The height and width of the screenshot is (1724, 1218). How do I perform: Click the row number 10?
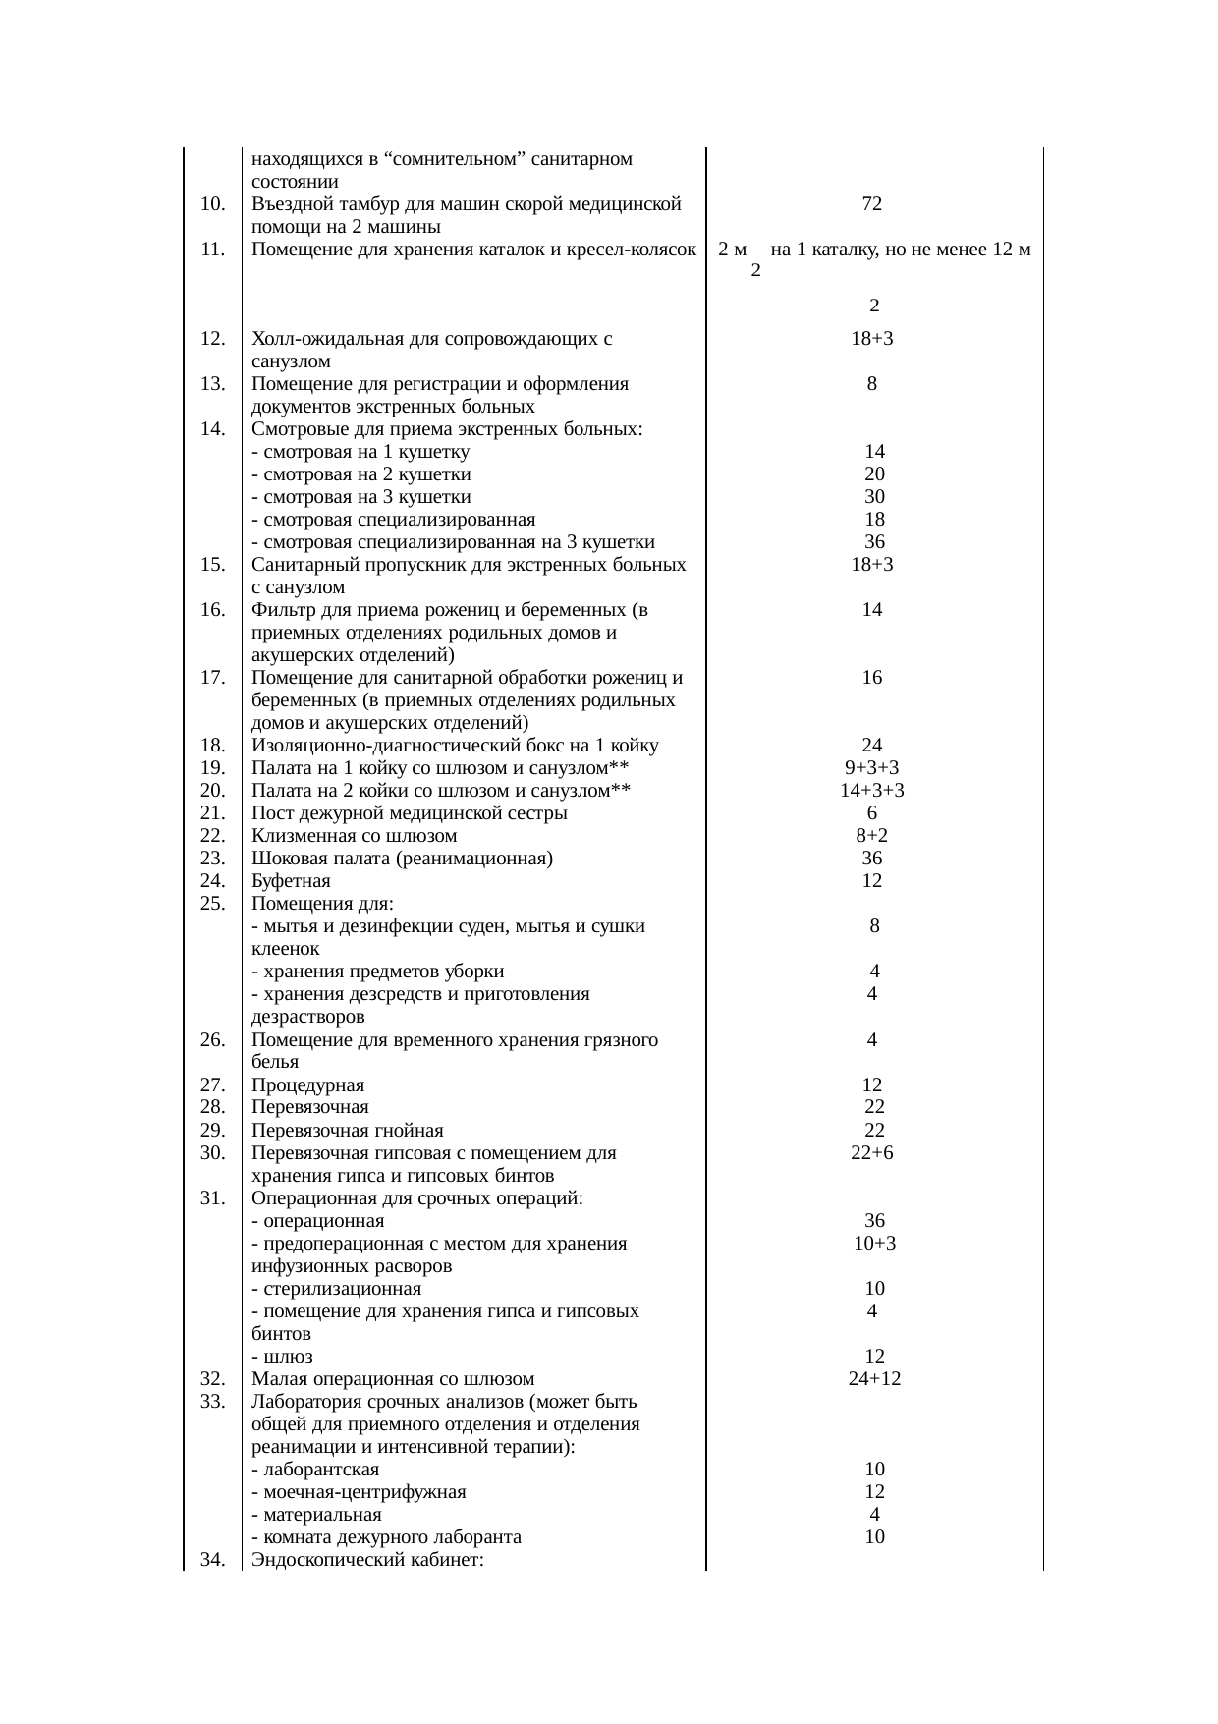pyautogui.click(x=212, y=204)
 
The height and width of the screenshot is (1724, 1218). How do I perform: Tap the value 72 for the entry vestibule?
pyautogui.click(x=871, y=204)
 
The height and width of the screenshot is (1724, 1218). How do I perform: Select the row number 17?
pyautogui.click(x=212, y=678)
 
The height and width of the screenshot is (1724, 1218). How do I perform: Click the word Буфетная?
pyautogui.click(x=291, y=881)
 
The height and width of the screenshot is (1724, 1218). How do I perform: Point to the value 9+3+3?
pyautogui.click(x=871, y=767)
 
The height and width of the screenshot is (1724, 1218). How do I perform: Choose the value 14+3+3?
pyautogui.click(x=871, y=791)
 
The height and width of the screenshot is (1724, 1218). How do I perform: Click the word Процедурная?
pyautogui.click(x=307, y=1085)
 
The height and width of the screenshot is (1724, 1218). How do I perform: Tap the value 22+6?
pyautogui.click(x=872, y=1153)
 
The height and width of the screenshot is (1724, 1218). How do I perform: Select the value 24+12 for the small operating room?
pyautogui.click(x=874, y=1379)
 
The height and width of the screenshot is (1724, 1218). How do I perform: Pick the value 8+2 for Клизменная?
pyautogui.click(x=872, y=836)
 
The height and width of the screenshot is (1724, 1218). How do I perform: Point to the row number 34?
pyautogui.click(x=212, y=1561)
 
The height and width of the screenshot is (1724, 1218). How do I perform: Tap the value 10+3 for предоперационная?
pyautogui.click(x=874, y=1244)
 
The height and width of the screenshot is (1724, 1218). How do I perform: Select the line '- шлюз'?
pyautogui.click(x=282, y=1357)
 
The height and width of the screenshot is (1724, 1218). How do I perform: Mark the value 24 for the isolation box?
pyautogui.click(x=872, y=745)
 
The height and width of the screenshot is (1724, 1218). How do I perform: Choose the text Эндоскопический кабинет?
pyautogui.click(x=366, y=1561)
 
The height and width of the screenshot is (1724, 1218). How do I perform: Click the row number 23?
pyautogui.click(x=212, y=859)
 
